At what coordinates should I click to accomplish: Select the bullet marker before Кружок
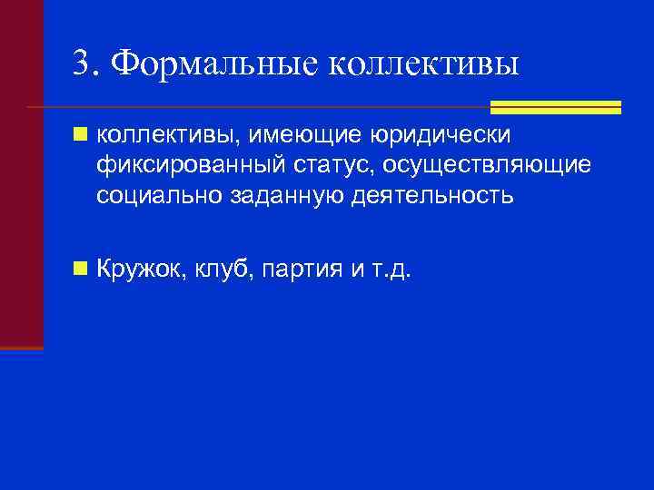[82, 269]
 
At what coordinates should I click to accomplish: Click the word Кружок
[140, 269]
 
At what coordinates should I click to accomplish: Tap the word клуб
[223, 269]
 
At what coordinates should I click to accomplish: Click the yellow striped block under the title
[555, 107]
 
